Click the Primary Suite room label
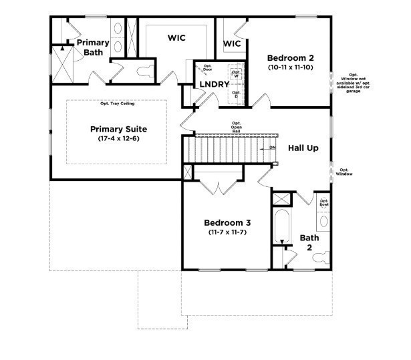(118, 129)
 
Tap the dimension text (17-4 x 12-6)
(118, 139)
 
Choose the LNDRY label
(215, 84)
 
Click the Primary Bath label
(92, 47)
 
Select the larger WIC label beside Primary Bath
(176, 38)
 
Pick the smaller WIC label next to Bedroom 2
(231, 43)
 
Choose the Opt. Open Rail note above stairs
(236, 127)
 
